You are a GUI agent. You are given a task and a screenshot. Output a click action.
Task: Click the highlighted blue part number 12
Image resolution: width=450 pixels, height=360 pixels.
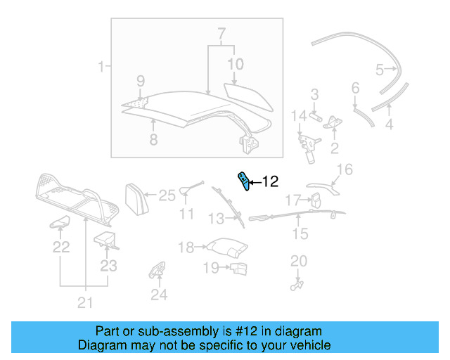pyautogui.click(x=244, y=181)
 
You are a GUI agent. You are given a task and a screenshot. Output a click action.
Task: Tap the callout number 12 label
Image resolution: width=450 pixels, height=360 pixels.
pyautogui.click(x=270, y=182)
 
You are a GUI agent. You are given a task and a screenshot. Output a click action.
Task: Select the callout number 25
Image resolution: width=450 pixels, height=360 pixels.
pyautogui.click(x=166, y=195)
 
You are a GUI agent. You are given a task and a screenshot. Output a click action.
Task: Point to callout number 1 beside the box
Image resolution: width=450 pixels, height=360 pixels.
pyautogui.click(x=101, y=67)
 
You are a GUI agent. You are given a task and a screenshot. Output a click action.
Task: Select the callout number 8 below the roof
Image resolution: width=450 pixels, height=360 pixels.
pyautogui.click(x=153, y=139)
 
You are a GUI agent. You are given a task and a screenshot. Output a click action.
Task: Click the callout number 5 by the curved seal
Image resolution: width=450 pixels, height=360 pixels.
pyautogui.click(x=380, y=70)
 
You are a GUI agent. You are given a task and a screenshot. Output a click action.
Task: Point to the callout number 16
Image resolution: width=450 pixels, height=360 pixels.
pyautogui.click(x=345, y=169)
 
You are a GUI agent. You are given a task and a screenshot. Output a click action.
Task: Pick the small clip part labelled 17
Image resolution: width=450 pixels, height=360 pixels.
pyautogui.click(x=315, y=200)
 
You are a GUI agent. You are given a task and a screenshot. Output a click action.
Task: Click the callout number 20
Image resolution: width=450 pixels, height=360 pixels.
pyautogui.click(x=299, y=262)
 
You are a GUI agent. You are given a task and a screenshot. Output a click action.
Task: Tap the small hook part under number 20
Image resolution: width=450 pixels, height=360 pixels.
pyautogui.click(x=296, y=284)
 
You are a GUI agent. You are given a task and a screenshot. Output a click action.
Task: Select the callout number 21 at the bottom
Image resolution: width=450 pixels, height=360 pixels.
pyautogui.click(x=84, y=304)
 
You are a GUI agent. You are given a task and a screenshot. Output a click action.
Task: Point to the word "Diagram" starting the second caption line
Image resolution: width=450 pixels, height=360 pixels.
pyautogui.click(x=99, y=346)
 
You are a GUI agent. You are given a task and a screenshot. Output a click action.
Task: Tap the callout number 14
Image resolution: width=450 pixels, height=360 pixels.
pyautogui.click(x=300, y=115)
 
